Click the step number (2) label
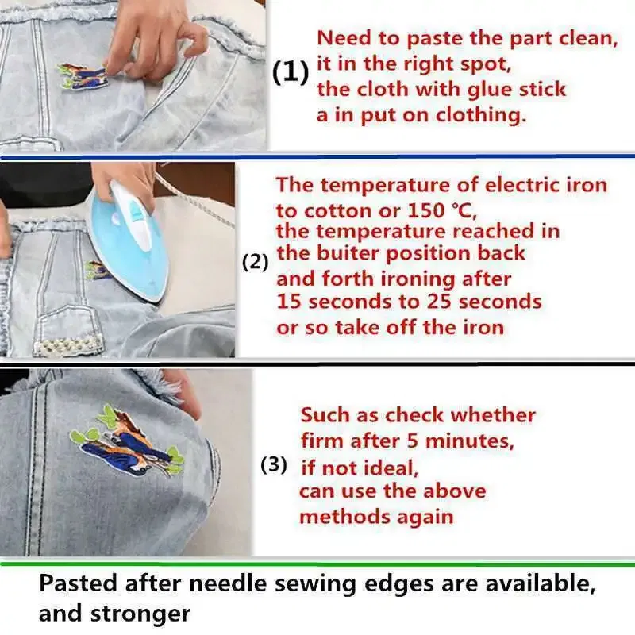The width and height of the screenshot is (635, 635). [255, 262]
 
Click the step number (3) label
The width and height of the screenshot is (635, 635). [274, 465]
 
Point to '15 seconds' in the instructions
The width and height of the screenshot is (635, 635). [330, 302]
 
